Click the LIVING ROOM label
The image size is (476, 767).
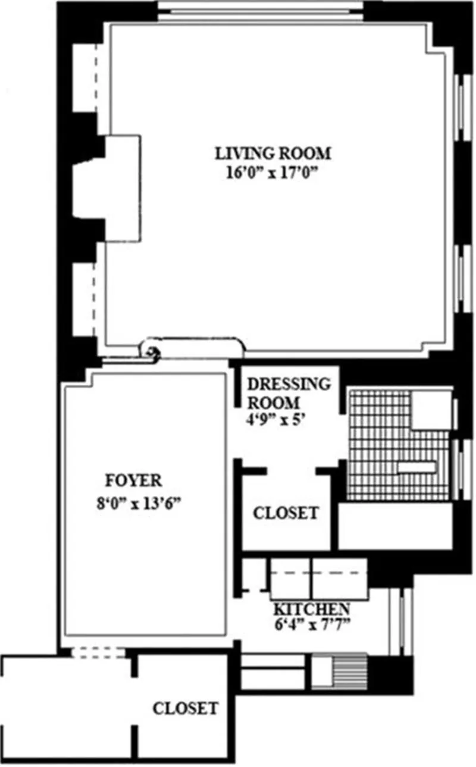click(x=273, y=153)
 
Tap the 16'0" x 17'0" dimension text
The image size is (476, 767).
click(x=273, y=176)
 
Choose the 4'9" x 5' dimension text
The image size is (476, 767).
click(x=276, y=418)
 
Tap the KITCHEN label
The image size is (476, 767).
click(x=311, y=609)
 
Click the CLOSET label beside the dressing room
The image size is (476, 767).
click(x=286, y=513)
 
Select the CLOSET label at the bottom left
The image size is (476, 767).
click(x=185, y=708)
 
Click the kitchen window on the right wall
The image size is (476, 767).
click(x=400, y=621)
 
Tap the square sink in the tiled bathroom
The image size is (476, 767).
click(x=431, y=410)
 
